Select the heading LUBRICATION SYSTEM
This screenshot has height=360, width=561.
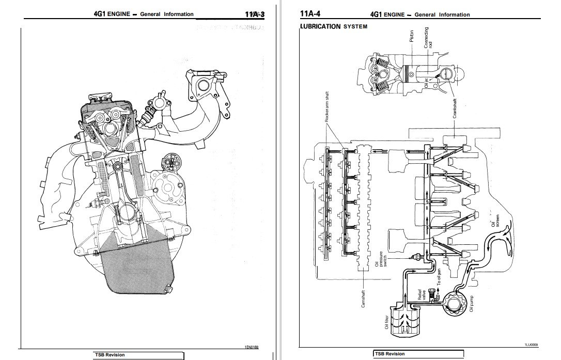(x=333, y=26)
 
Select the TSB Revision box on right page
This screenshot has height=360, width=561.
(x=417, y=354)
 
